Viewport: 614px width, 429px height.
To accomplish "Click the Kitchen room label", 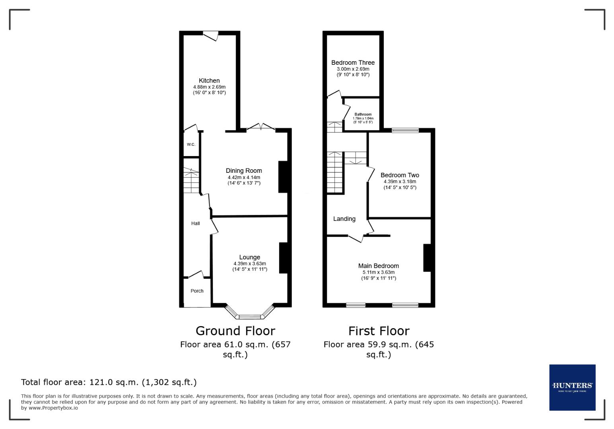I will [209, 81].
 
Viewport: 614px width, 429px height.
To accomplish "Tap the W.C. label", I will [191, 144].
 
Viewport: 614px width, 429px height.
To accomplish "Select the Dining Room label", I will [244, 171].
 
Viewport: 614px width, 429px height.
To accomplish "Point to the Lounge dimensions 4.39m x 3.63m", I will [250, 263].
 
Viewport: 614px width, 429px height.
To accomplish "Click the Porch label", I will [197, 291].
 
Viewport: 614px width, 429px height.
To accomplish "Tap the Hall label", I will [195, 223].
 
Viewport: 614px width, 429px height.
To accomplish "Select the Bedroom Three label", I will [353, 62].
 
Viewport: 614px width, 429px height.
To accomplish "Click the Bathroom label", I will [363, 114].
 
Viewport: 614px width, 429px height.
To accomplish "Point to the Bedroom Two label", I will [400, 175].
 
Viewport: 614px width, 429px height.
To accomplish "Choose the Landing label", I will [344, 219].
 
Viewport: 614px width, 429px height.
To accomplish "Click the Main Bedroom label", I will [378, 266].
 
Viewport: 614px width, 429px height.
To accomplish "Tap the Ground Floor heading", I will [235, 330].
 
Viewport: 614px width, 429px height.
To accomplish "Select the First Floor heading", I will [379, 330].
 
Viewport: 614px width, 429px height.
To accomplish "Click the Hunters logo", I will [572, 387].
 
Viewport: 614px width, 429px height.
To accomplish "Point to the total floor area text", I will [109, 382].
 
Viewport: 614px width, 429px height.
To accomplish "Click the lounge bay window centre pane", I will [250, 317].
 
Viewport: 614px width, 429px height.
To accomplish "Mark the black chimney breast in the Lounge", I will [283, 258].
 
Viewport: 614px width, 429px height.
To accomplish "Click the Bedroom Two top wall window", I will [405, 130].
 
